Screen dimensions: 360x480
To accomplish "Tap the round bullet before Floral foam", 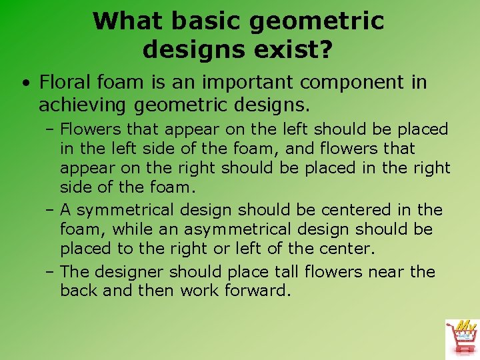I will coord(24,84).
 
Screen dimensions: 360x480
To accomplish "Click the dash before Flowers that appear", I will coord(51,129).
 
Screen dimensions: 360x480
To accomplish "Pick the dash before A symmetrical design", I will coord(51,211).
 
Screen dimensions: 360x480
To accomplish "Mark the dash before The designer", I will coord(51,273).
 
